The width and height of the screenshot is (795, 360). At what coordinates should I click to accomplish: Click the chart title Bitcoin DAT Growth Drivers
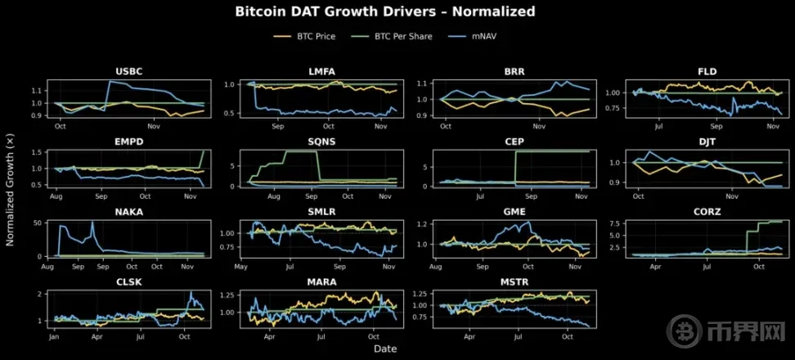(x=384, y=11)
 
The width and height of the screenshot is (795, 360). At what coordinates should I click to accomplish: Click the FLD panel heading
(x=707, y=71)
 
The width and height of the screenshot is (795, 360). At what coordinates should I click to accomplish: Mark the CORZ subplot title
(x=707, y=211)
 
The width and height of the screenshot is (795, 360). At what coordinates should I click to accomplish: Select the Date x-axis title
(x=385, y=349)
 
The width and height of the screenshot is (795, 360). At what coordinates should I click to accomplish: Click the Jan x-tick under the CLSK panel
(x=54, y=336)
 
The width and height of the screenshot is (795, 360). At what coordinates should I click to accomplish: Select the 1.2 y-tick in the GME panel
(x=422, y=223)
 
